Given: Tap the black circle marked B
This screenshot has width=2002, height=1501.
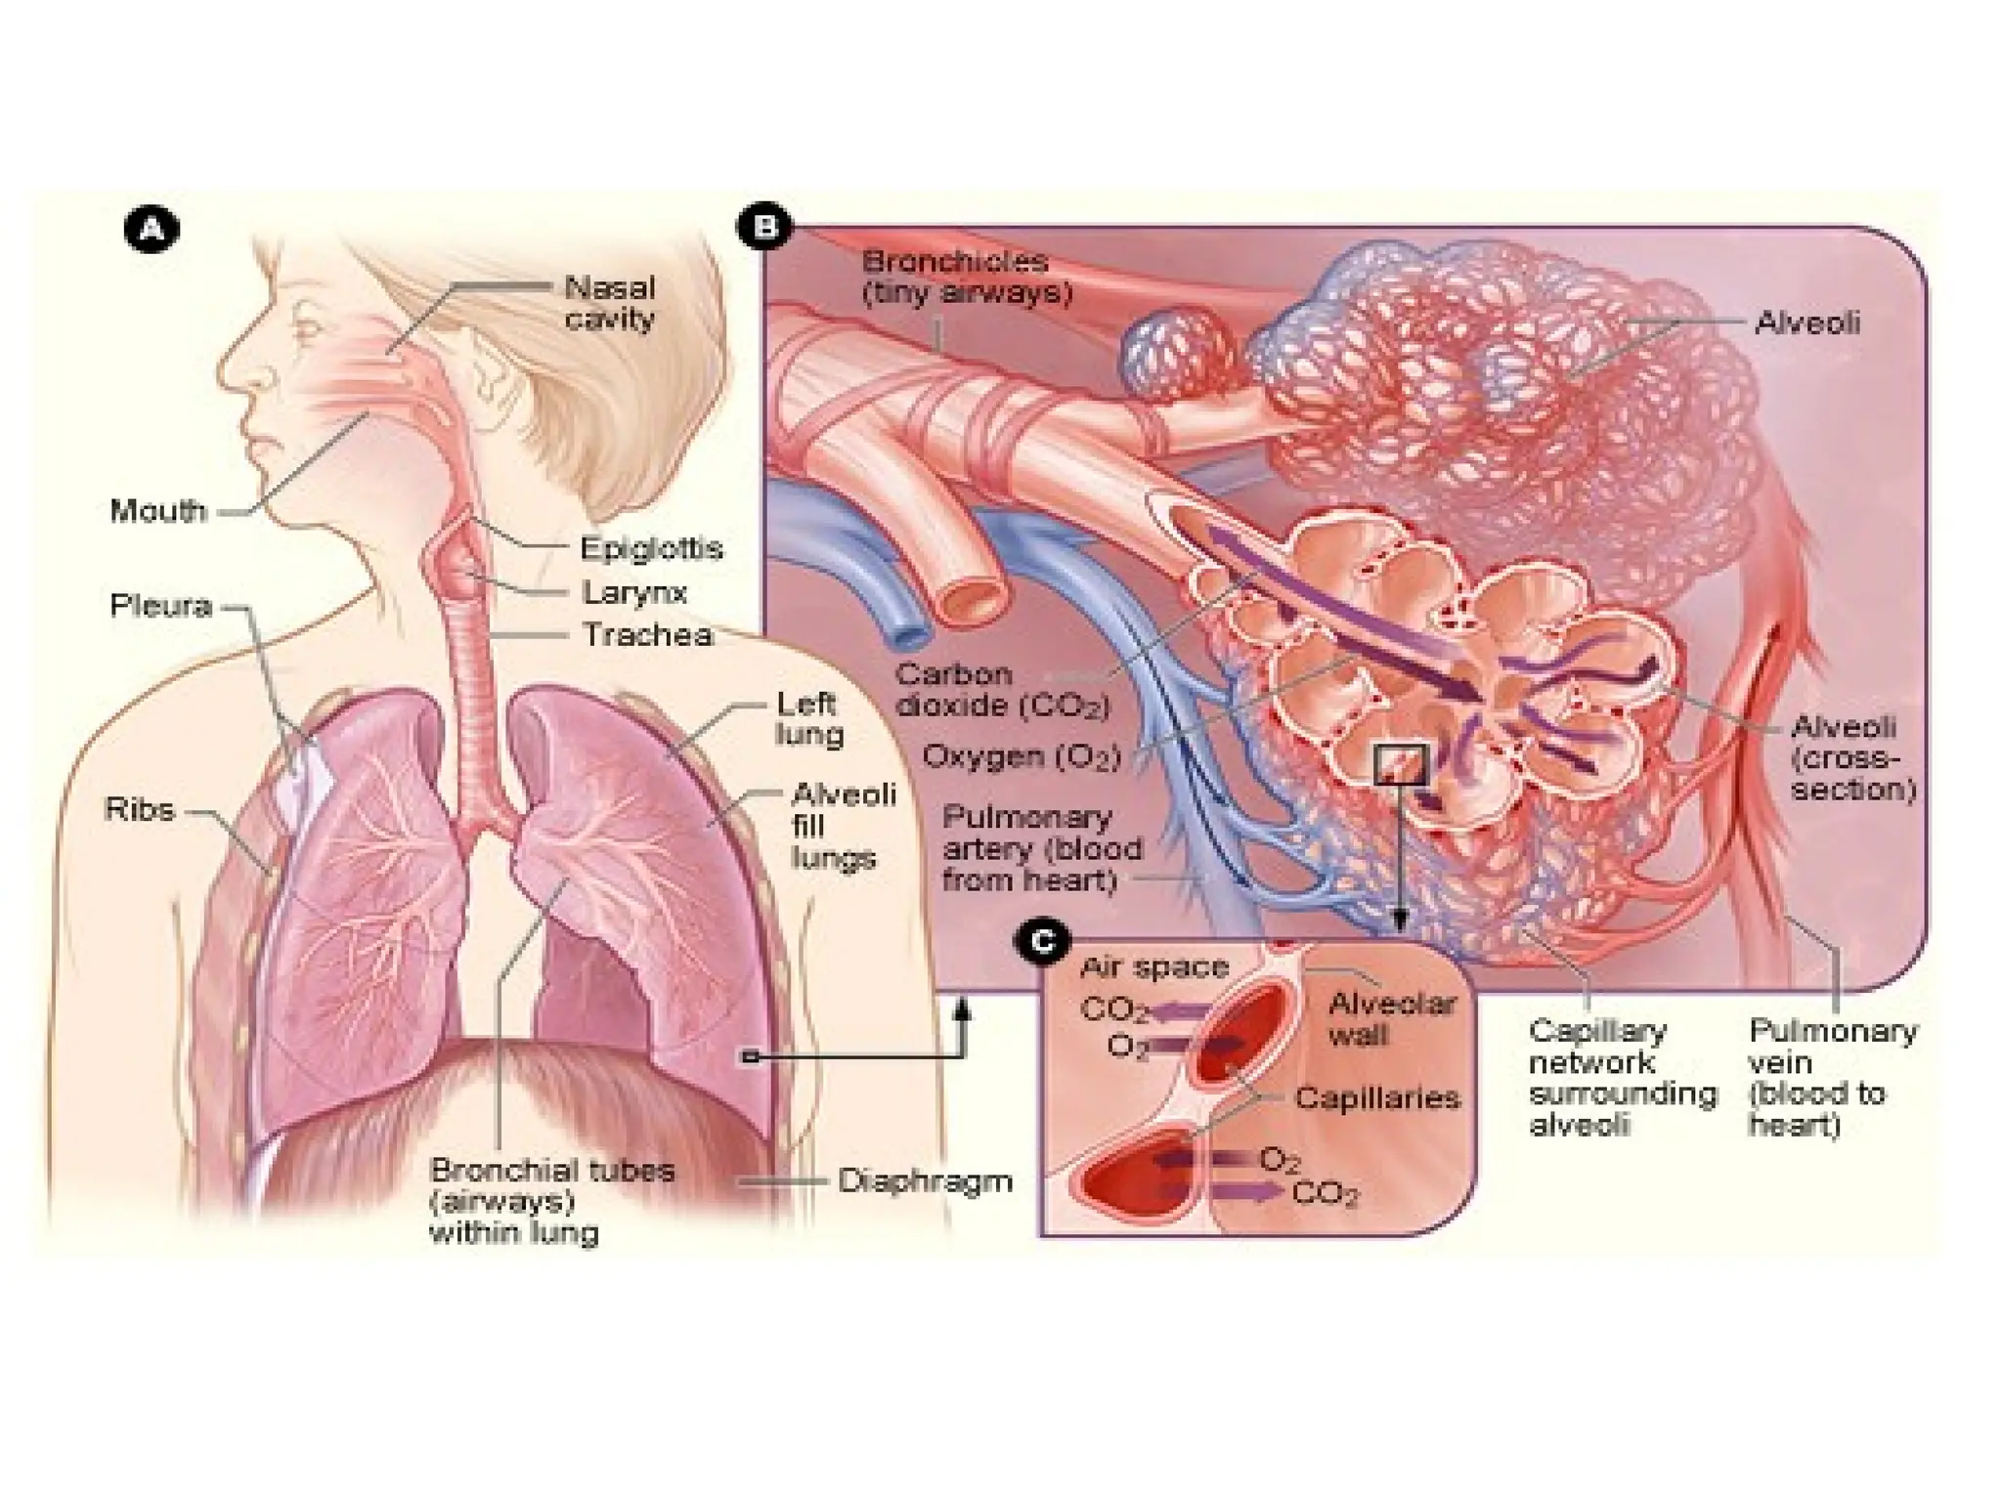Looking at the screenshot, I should (x=764, y=228).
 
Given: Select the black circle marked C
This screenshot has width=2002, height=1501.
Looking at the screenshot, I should (x=1044, y=942).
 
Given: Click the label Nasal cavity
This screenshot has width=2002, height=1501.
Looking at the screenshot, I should (x=610, y=303).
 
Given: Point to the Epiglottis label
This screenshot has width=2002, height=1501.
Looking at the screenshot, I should (x=651, y=548).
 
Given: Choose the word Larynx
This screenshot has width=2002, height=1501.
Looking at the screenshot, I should (x=634, y=592).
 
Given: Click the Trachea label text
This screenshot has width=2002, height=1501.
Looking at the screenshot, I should (x=647, y=635).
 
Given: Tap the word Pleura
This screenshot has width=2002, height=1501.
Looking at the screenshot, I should (x=160, y=606).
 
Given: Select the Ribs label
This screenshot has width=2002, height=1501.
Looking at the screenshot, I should (x=140, y=809).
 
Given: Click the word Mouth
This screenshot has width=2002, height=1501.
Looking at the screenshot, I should (x=158, y=510).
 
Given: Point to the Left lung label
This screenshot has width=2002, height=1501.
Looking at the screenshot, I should (x=808, y=718).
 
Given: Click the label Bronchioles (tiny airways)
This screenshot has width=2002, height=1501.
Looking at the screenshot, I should (x=966, y=277).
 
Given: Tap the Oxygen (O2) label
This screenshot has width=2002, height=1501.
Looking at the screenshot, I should (x=1021, y=756).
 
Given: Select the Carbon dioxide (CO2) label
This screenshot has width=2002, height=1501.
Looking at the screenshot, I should (x=1001, y=690).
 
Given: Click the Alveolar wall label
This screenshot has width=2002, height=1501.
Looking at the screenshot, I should (x=1391, y=1019).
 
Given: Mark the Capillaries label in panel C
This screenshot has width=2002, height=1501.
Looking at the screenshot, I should (x=1376, y=1098).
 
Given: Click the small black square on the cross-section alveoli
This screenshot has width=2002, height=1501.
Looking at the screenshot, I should (x=1400, y=764).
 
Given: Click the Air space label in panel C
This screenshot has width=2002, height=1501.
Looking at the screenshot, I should (x=1153, y=967).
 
